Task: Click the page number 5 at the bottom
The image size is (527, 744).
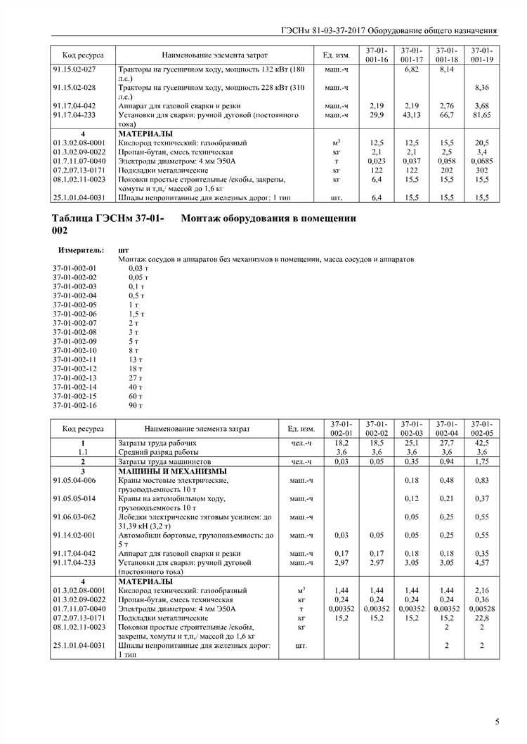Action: pos(497,722)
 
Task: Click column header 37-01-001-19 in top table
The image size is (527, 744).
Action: pos(481,55)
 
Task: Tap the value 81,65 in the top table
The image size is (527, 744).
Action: pos(481,114)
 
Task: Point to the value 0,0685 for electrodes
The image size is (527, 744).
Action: pos(481,161)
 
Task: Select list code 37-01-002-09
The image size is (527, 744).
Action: pos(74,341)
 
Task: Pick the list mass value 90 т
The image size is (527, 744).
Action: pos(136,405)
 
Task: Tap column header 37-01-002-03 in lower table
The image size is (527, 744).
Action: pos(412,428)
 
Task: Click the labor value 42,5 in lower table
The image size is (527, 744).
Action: pos(481,444)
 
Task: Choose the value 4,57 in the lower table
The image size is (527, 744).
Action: pos(481,562)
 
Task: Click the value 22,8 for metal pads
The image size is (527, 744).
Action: pos(481,618)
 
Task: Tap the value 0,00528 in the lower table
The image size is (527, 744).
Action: pos(481,609)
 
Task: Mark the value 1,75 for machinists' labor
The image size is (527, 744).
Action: pos(481,462)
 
